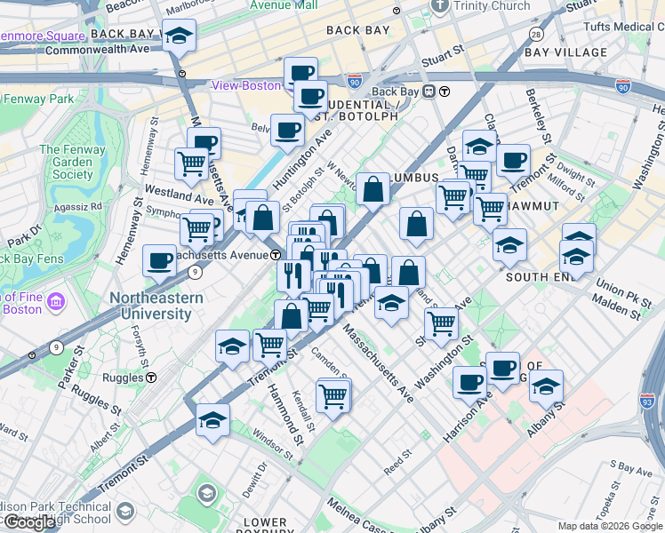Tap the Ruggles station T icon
pos(151,377)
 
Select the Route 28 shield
pos(535,34)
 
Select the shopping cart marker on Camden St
pos(333,396)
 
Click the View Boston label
pos(245,85)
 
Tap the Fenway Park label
pos(37,99)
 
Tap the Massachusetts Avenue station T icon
pos(276,255)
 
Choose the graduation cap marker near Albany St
pos(546,387)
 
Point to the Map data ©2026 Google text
pos(610,526)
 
